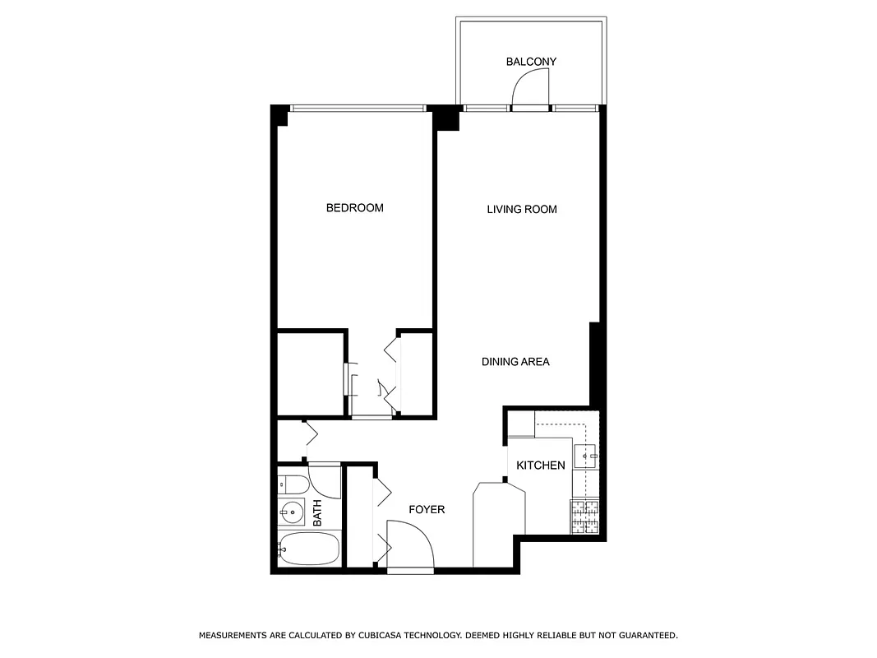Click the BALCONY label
[x=531, y=62]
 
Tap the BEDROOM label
[x=354, y=208]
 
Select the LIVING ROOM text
[x=522, y=210]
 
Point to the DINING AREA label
[x=515, y=361]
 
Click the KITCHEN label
[x=540, y=466]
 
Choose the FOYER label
[x=427, y=510]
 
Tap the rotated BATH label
[x=317, y=513]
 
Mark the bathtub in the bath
[x=307, y=547]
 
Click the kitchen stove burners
[x=586, y=516]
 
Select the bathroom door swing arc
[x=325, y=483]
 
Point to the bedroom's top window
[x=358, y=108]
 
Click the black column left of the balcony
[x=446, y=118]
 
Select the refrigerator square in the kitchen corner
[x=521, y=424]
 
